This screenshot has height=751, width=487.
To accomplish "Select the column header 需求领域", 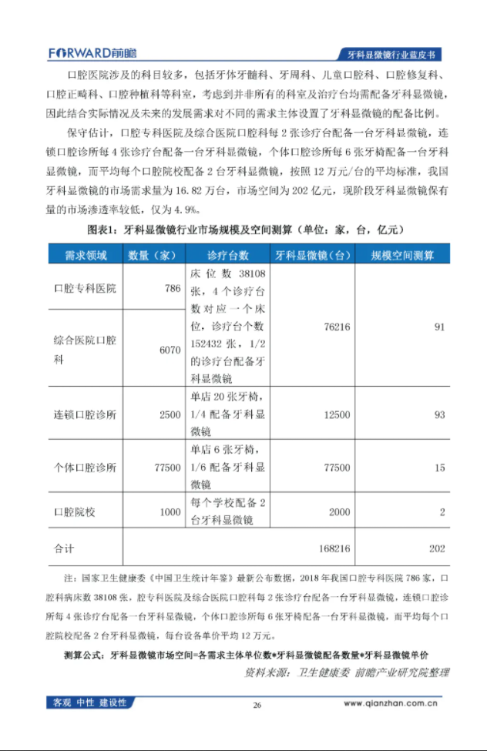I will pyautogui.click(x=86, y=255).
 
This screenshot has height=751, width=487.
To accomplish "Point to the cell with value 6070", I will pyautogui.click(x=170, y=350).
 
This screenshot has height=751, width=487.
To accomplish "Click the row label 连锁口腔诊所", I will pyautogui.click(x=86, y=414).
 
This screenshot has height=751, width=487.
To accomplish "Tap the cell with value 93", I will pyautogui.click(x=439, y=414).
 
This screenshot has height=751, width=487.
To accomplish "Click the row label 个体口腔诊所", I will pyautogui.click(x=86, y=468).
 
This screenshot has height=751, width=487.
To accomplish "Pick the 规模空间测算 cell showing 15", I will pyautogui.click(x=439, y=468).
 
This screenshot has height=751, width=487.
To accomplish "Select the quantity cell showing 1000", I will pyautogui.click(x=170, y=511).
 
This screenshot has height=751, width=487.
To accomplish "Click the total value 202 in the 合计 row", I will pyautogui.click(x=438, y=548).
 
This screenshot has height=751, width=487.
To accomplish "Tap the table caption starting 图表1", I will pyautogui.click(x=243, y=230).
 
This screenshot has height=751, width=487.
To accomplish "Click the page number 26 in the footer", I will pyautogui.click(x=257, y=704).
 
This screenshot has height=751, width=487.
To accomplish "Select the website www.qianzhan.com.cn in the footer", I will pyautogui.click(x=391, y=702).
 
